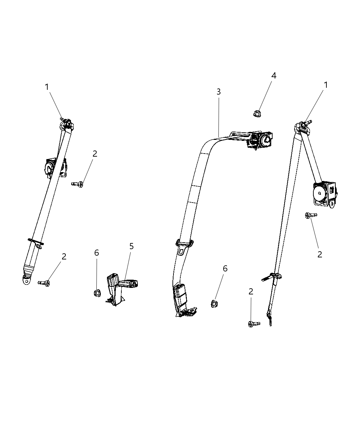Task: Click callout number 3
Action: point(218,92)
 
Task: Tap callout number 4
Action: point(274,76)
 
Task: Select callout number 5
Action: point(131,246)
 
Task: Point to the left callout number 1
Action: point(47,87)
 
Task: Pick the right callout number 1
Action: point(325,85)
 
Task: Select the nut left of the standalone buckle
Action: point(97,293)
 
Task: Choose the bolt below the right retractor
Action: point(311,215)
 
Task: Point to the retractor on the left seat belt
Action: point(51,167)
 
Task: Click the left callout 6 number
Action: point(97,253)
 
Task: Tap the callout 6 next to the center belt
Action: point(225,269)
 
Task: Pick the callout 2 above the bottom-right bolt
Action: point(251,292)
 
